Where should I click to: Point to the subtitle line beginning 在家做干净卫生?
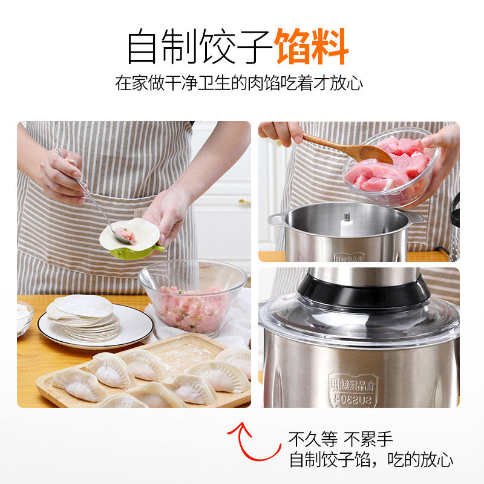tap(239, 83)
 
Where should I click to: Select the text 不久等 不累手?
tap(340, 439)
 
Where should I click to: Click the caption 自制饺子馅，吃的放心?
tap(371, 459)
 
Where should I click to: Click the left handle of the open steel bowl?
tap(276, 219)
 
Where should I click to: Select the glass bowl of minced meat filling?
tap(192, 296)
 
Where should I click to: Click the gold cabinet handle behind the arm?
tap(244, 201)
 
